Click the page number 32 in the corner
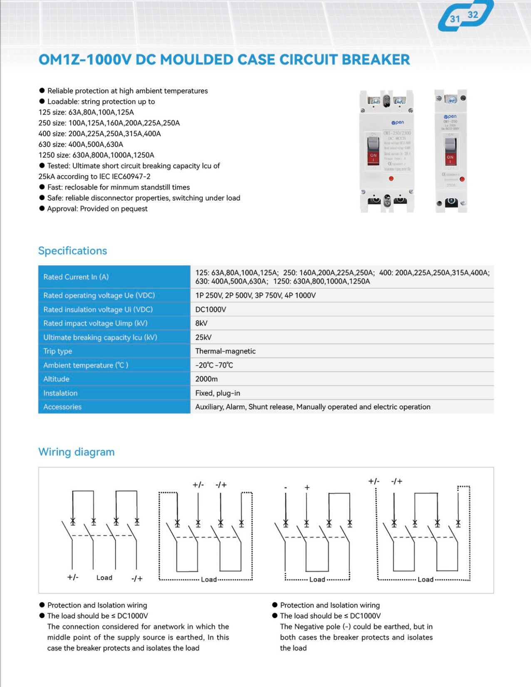click(x=473, y=15)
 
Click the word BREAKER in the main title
click(x=376, y=59)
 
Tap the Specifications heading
click(x=72, y=251)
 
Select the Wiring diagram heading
click(x=76, y=452)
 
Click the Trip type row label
click(x=57, y=351)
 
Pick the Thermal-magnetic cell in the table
click(x=225, y=351)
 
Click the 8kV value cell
click(x=201, y=323)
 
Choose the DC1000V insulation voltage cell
click(x=211, y=309)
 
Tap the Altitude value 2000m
click(x=206, y=379)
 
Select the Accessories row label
click(x=62, y=407)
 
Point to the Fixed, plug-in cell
click(x=218, y=393)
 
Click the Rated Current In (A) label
click(x=76, y=277)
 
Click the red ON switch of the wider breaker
click(x=373, y=157)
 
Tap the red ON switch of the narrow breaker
click(x=450, y=158)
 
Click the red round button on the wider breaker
click(x=391, y=178)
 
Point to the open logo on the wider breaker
click(x=397, y=122)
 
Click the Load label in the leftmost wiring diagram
click(x=104, y=578)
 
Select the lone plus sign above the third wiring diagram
click(x=307, y=487)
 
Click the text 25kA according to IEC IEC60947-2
click(x=94, y=176)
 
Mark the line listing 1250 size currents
click(x=96, y=155)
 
